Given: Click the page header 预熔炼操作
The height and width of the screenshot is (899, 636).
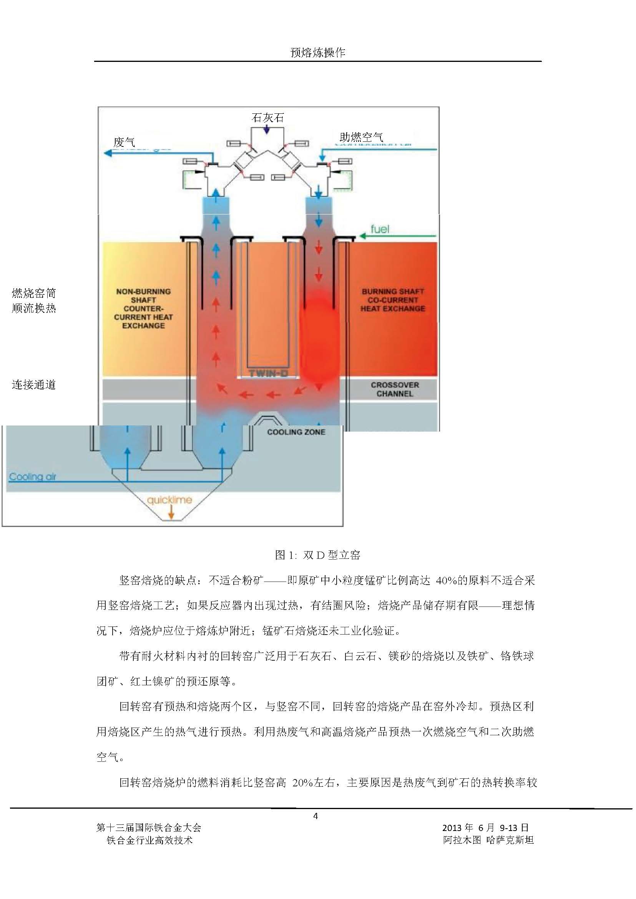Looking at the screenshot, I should [x=317, y=53].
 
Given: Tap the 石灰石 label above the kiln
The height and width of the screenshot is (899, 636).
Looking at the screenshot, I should [x=267, y=118].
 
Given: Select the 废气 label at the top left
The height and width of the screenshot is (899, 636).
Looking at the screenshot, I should [x=124, y=142].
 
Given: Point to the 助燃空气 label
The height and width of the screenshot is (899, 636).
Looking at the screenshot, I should [x=361, y=137].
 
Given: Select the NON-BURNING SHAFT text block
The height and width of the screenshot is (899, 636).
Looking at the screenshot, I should [x=143, y=308].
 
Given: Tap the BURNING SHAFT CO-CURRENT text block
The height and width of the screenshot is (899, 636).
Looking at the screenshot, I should [x=393, y=300].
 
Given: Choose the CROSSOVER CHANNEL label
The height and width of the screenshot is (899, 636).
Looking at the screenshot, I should [x=395, y=389].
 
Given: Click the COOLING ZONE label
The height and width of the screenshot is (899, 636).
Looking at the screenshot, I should [x=296, y=432].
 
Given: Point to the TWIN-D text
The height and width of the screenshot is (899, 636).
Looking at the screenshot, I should [x=268, y=373].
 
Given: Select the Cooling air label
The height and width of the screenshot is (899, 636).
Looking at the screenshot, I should [x=33, y=477].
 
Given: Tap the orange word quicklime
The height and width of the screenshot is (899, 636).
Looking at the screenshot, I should [x=169, y=500].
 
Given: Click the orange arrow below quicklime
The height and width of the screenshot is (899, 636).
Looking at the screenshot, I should [x=171, y=513].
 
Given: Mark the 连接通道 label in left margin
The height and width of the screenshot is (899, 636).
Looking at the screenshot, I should [x=34, y=385].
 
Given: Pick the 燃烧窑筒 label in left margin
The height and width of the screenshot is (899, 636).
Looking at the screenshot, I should [x=34, y=293].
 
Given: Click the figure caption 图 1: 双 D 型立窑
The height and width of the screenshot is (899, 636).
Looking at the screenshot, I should [x=317, y=555].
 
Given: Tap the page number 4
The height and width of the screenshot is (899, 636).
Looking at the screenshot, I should [x=316, y=816].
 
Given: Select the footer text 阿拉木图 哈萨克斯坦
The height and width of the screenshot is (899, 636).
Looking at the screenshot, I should [x=488, y=840].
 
